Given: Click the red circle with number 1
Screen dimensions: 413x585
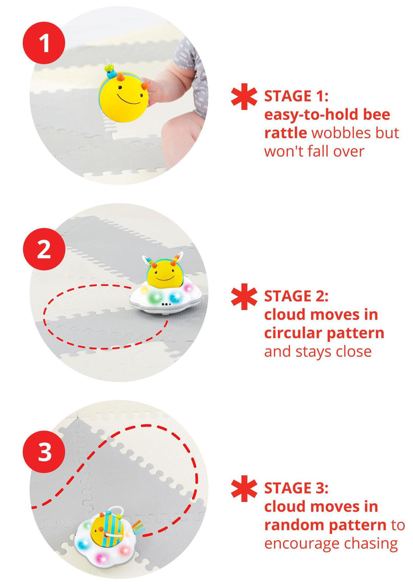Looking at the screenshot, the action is [44, 43].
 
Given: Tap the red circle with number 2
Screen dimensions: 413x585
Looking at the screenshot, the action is [44, 249].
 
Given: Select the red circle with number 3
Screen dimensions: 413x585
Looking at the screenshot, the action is [44, 452].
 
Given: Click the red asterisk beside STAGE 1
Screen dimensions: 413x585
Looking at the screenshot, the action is [244, 96].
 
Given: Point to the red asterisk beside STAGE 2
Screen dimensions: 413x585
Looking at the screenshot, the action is [244, 297].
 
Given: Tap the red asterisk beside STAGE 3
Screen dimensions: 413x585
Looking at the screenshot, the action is [244, 489].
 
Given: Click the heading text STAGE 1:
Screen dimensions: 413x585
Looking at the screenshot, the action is [297, 96].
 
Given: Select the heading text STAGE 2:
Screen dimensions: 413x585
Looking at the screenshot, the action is [297, 296].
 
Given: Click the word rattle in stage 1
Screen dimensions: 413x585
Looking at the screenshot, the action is [286, 133].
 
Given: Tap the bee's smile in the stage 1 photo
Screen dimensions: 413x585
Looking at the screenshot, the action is [129, 100].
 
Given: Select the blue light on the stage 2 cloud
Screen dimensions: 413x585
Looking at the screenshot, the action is [175, 297].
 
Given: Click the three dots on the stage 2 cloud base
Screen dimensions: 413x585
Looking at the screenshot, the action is [166, 304].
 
